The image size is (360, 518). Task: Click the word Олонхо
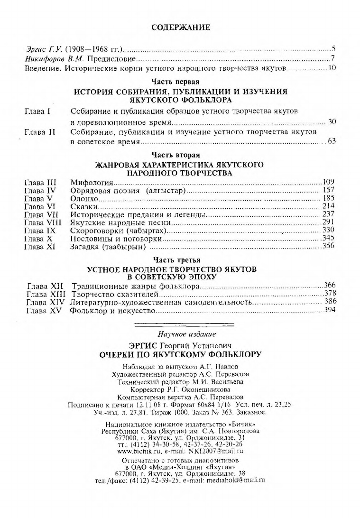pos(83,198)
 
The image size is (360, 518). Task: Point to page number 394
pos(330,310)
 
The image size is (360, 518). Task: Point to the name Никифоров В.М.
pos(54,59)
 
